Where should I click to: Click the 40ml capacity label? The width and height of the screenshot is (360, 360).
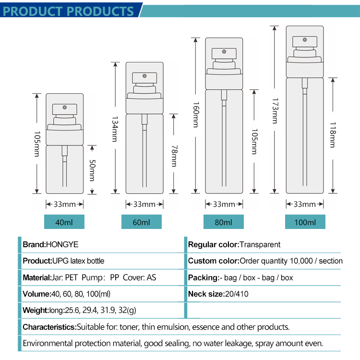coord(64,222)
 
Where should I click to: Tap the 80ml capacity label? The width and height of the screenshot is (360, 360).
coord(223,222)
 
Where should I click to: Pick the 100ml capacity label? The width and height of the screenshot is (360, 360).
coord(305,222)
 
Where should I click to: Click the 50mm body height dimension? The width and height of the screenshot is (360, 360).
coord(92,170)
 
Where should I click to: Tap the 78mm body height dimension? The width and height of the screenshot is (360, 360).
coord(174,156)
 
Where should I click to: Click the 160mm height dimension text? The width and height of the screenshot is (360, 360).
coord(195,115)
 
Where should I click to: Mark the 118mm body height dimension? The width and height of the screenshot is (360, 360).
coord(332,136)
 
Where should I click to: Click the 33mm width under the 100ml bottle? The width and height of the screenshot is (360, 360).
coord(305,204)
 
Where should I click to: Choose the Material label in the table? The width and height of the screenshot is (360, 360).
coord(36,277)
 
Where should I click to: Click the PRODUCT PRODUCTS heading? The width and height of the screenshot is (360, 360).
coord(69,11)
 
